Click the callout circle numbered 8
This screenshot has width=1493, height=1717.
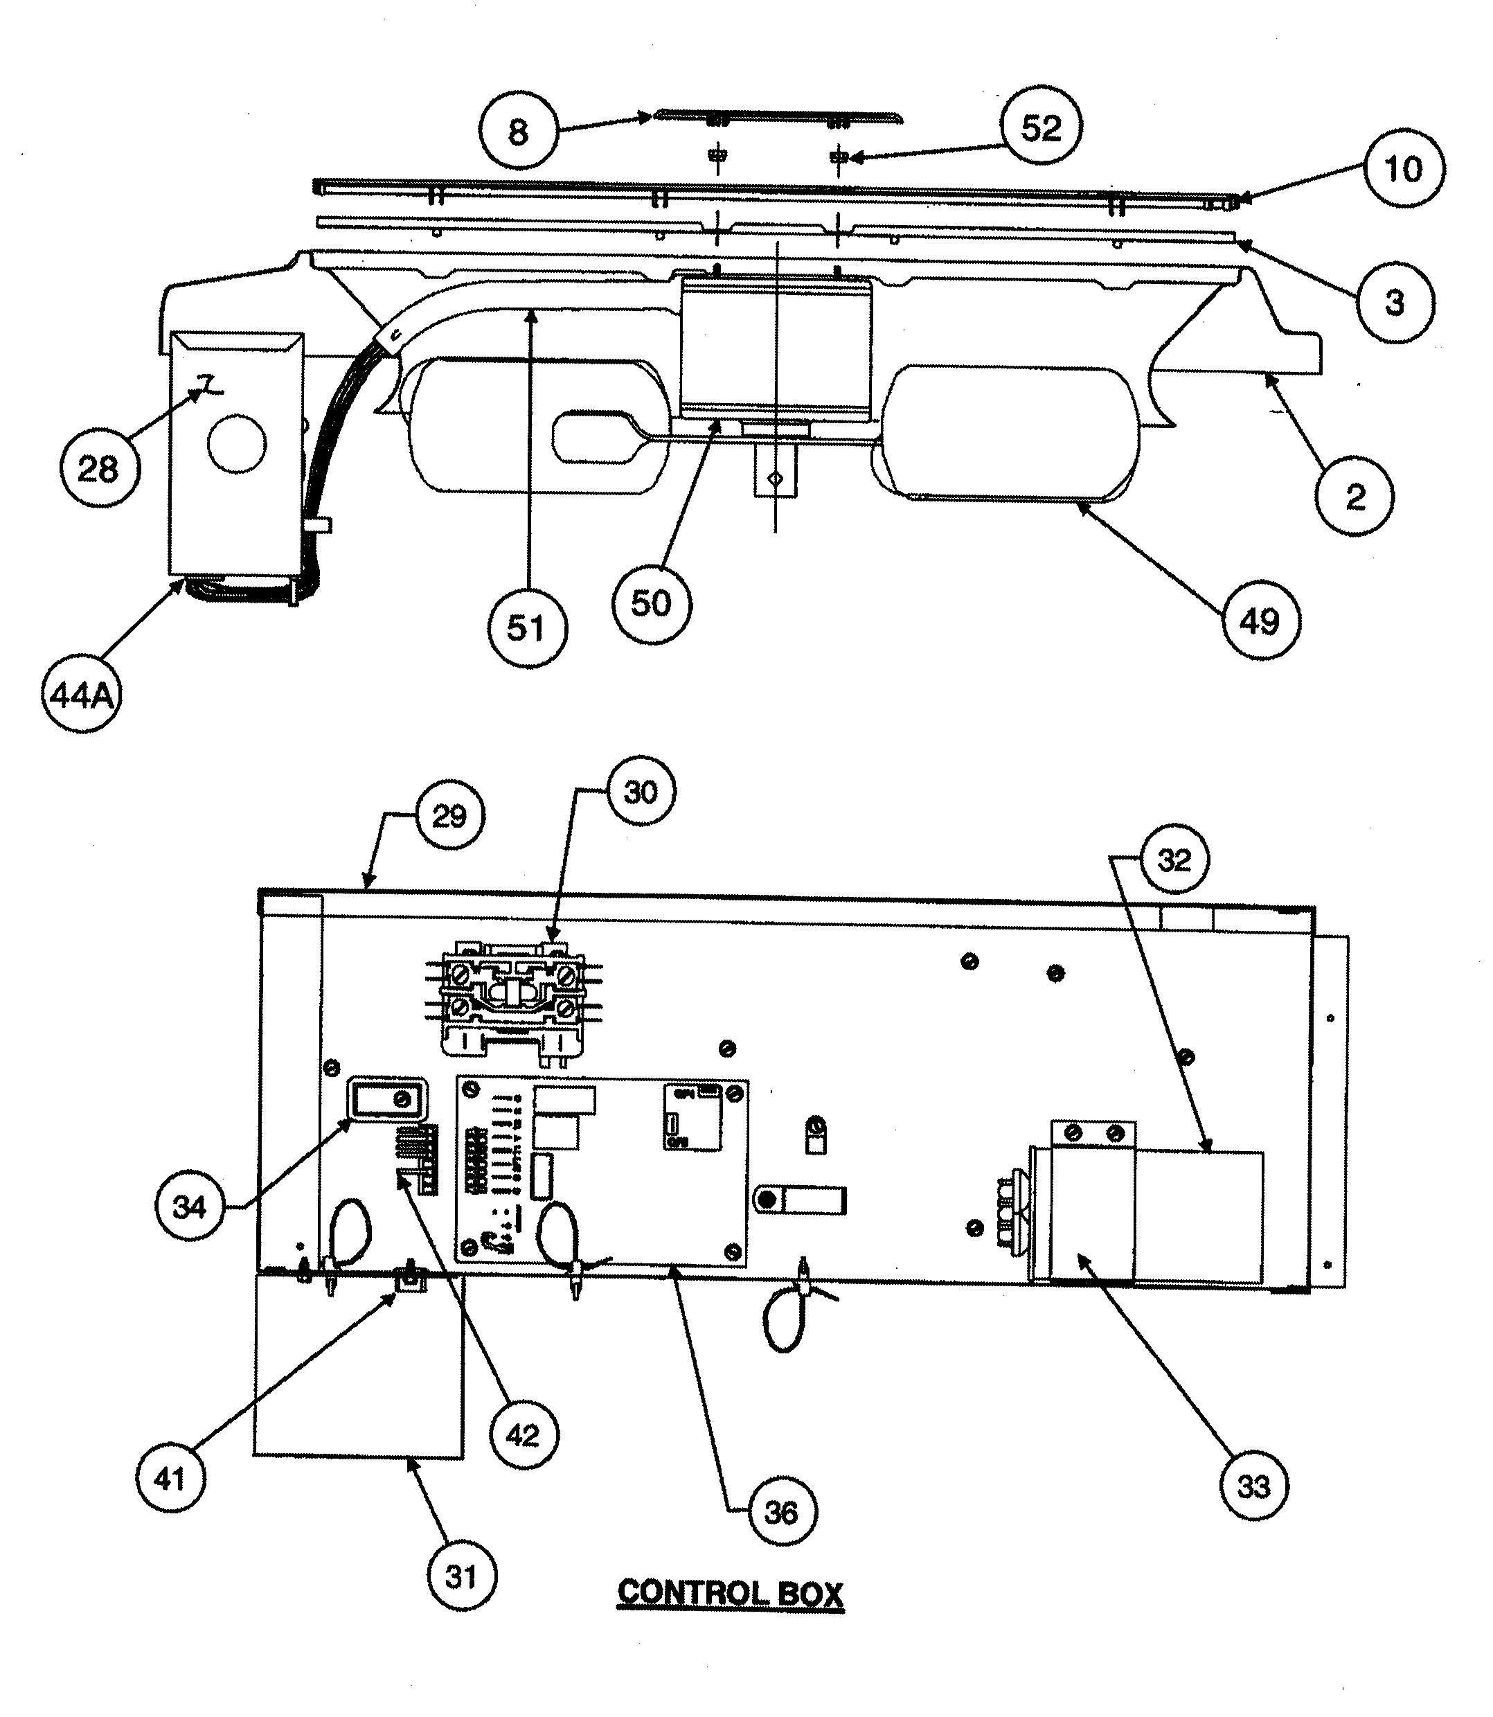[517, 132]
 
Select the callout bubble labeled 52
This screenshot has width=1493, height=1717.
[1041, 127]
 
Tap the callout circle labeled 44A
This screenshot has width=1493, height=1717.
[81, 694]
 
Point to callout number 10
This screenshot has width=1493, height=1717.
[1403, 169]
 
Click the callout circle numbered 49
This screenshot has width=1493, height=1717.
[1260, 621]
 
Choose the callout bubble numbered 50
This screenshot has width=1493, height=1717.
[652, 603]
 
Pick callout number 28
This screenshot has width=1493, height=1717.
[98, 470]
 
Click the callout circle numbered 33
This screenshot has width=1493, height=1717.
[1254, 1486]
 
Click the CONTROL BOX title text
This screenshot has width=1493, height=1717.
[730, 1594]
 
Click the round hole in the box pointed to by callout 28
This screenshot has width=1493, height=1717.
[237, 443]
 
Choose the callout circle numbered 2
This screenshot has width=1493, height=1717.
[1355, 497]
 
